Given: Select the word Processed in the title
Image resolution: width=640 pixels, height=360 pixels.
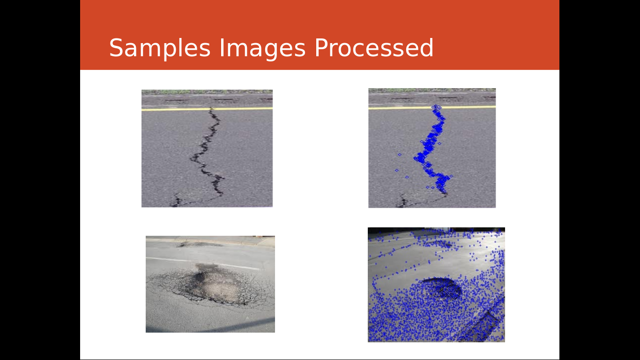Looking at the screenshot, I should coord(374,48).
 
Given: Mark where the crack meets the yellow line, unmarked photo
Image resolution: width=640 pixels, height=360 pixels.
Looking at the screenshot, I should coord(212,109).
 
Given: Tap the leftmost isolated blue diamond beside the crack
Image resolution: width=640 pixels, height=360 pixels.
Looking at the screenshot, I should coord(396,170).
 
